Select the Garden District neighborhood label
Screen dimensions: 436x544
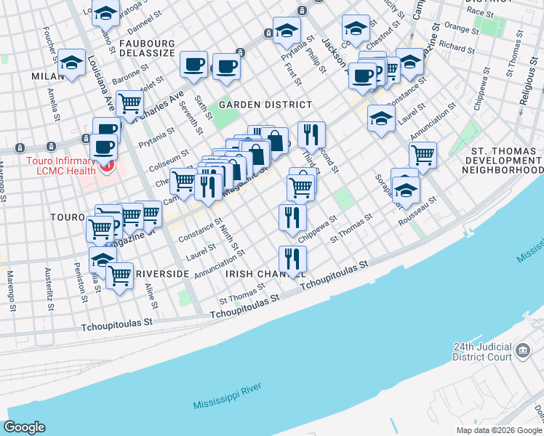(x=255, y=105)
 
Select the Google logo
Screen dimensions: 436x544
(x=24, y=427)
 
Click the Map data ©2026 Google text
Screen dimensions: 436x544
(x=499, y=430)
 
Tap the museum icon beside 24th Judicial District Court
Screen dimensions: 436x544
(x=522, y=352)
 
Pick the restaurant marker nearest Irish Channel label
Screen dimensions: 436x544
(x=292, y=259)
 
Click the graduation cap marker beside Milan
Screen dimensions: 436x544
(x=71, y=62)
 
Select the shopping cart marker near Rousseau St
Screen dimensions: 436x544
(x=423, y=154)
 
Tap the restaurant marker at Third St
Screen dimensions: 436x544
(x=311, y=134)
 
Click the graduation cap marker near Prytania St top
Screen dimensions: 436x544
(x=287, y=31)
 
